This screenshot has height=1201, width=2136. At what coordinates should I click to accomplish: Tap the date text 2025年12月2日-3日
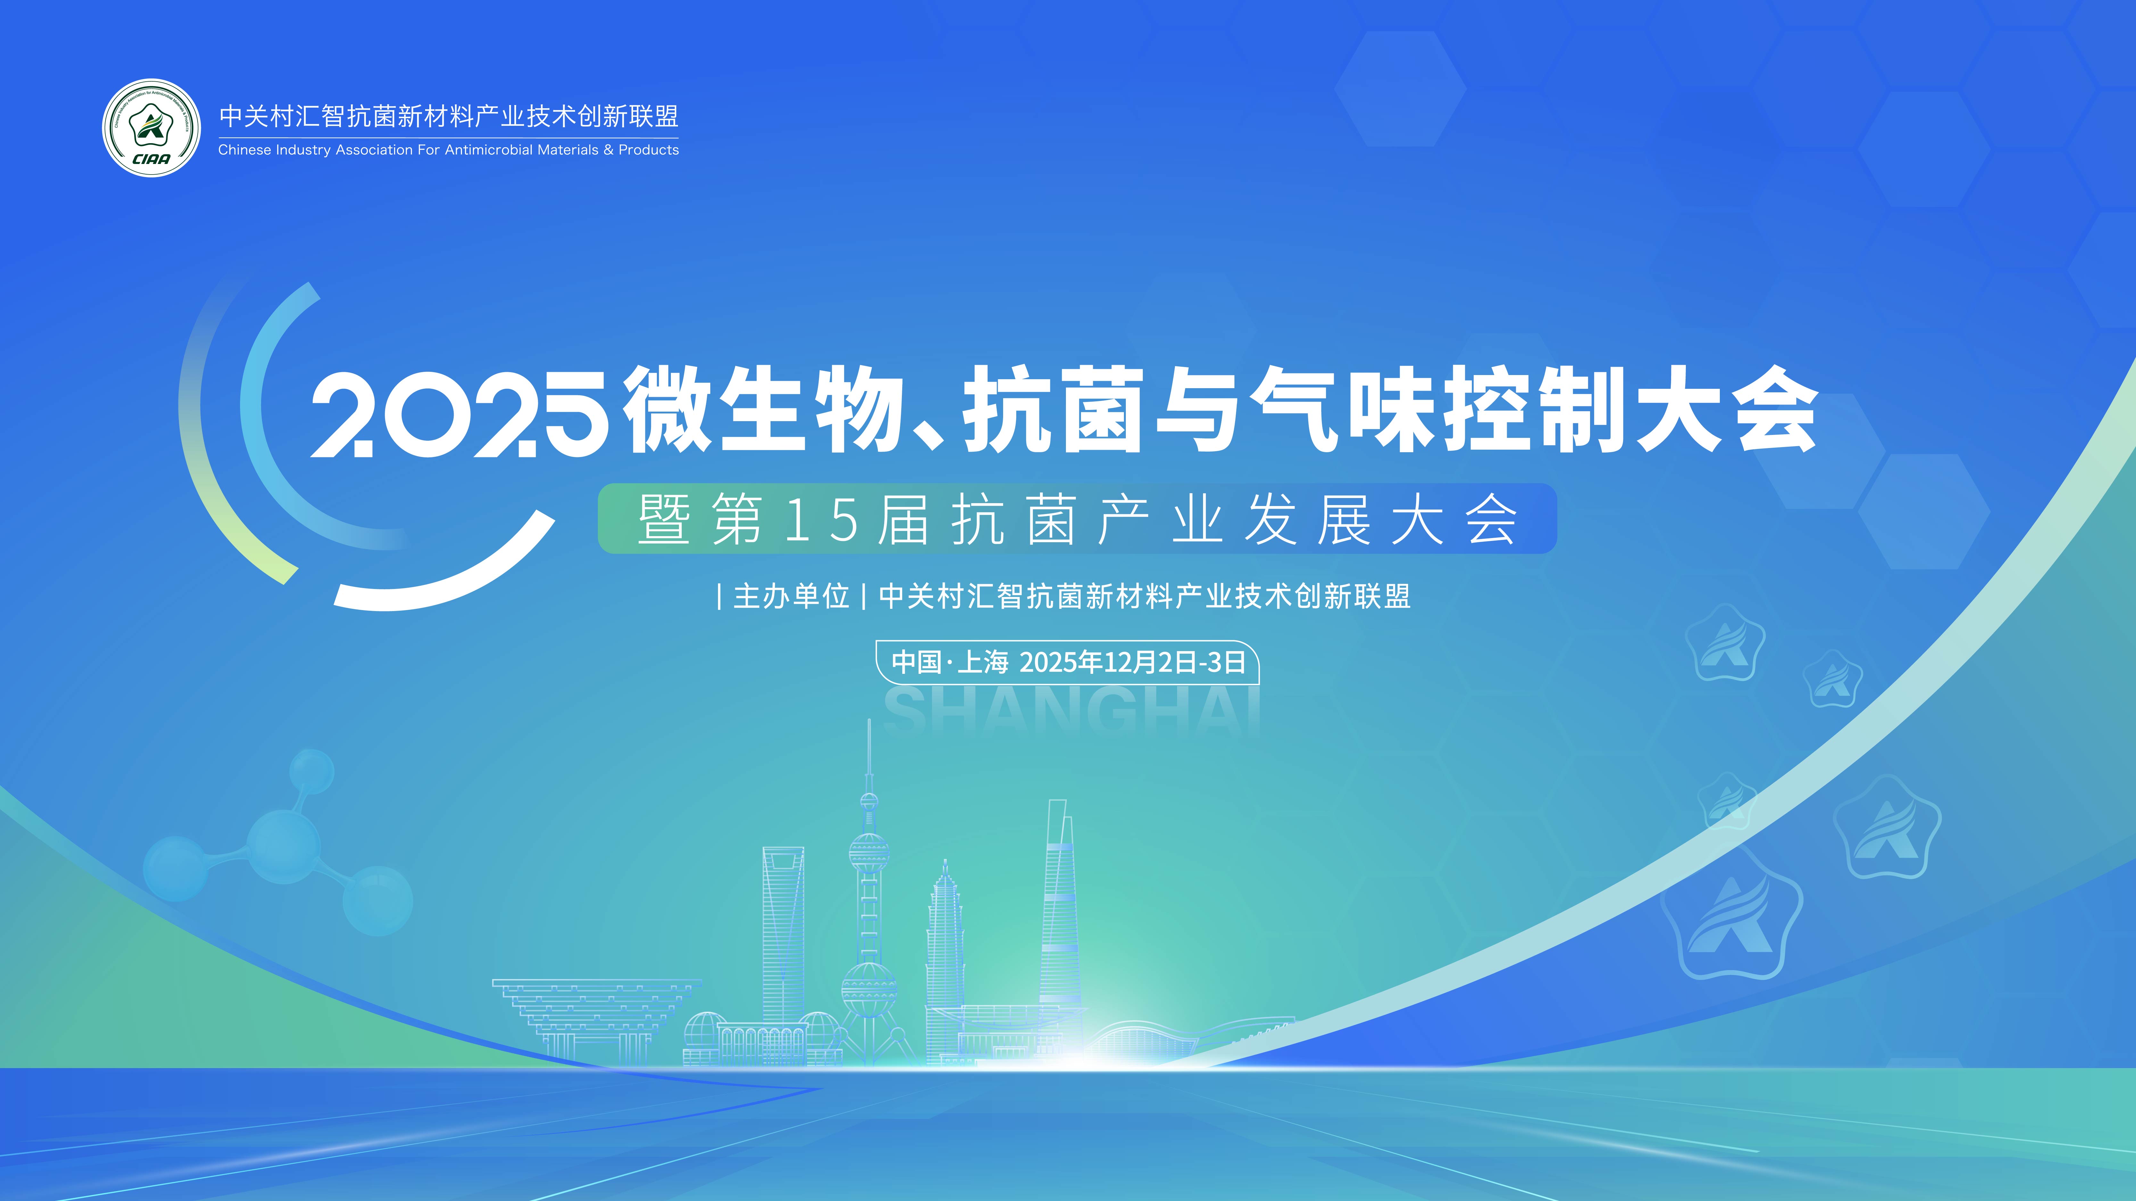coord(1132,662)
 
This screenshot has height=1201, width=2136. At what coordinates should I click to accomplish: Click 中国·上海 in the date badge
coord(949,662)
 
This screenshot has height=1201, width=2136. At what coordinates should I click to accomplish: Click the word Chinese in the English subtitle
coord(244,150)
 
